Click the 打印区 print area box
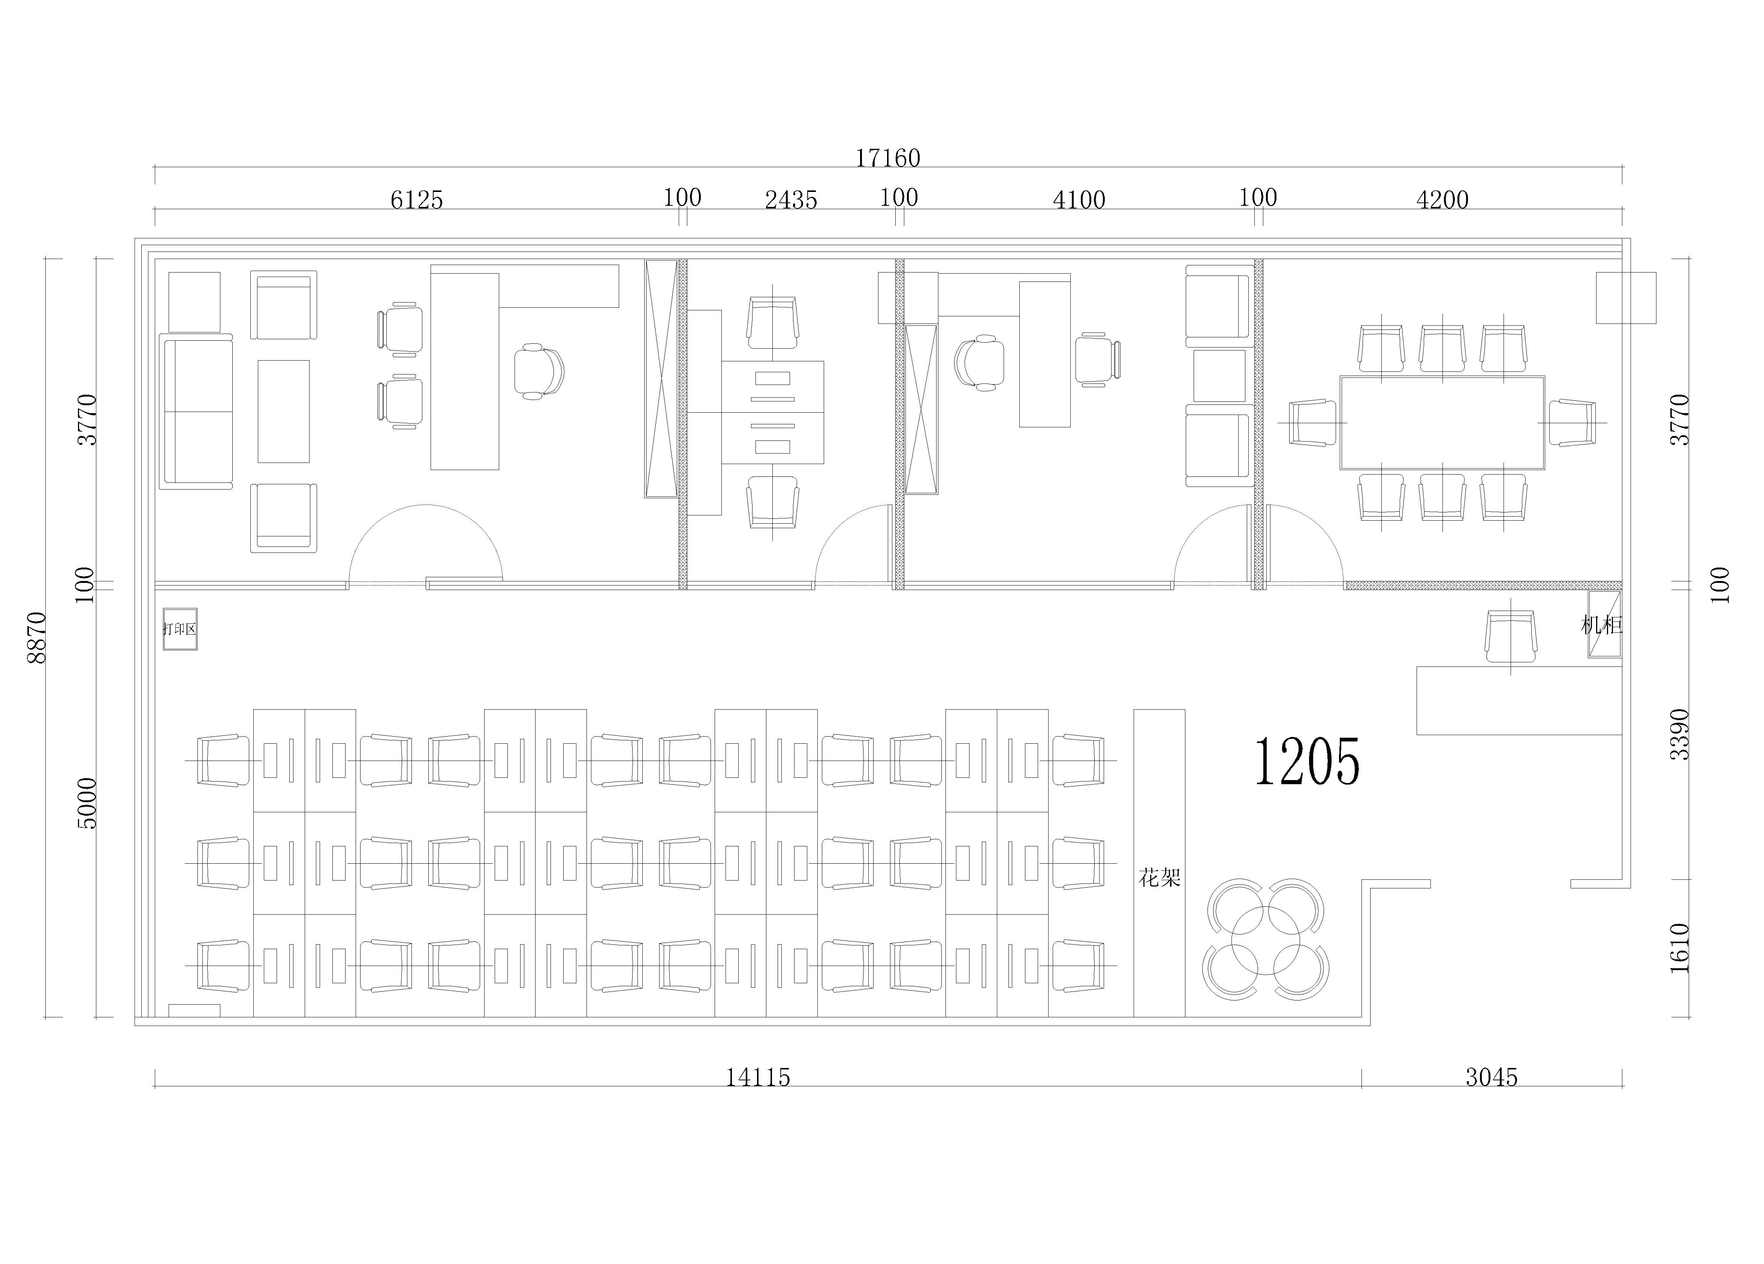[180, 629]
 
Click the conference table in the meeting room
[1442, 422]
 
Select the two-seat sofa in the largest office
[196, 412]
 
